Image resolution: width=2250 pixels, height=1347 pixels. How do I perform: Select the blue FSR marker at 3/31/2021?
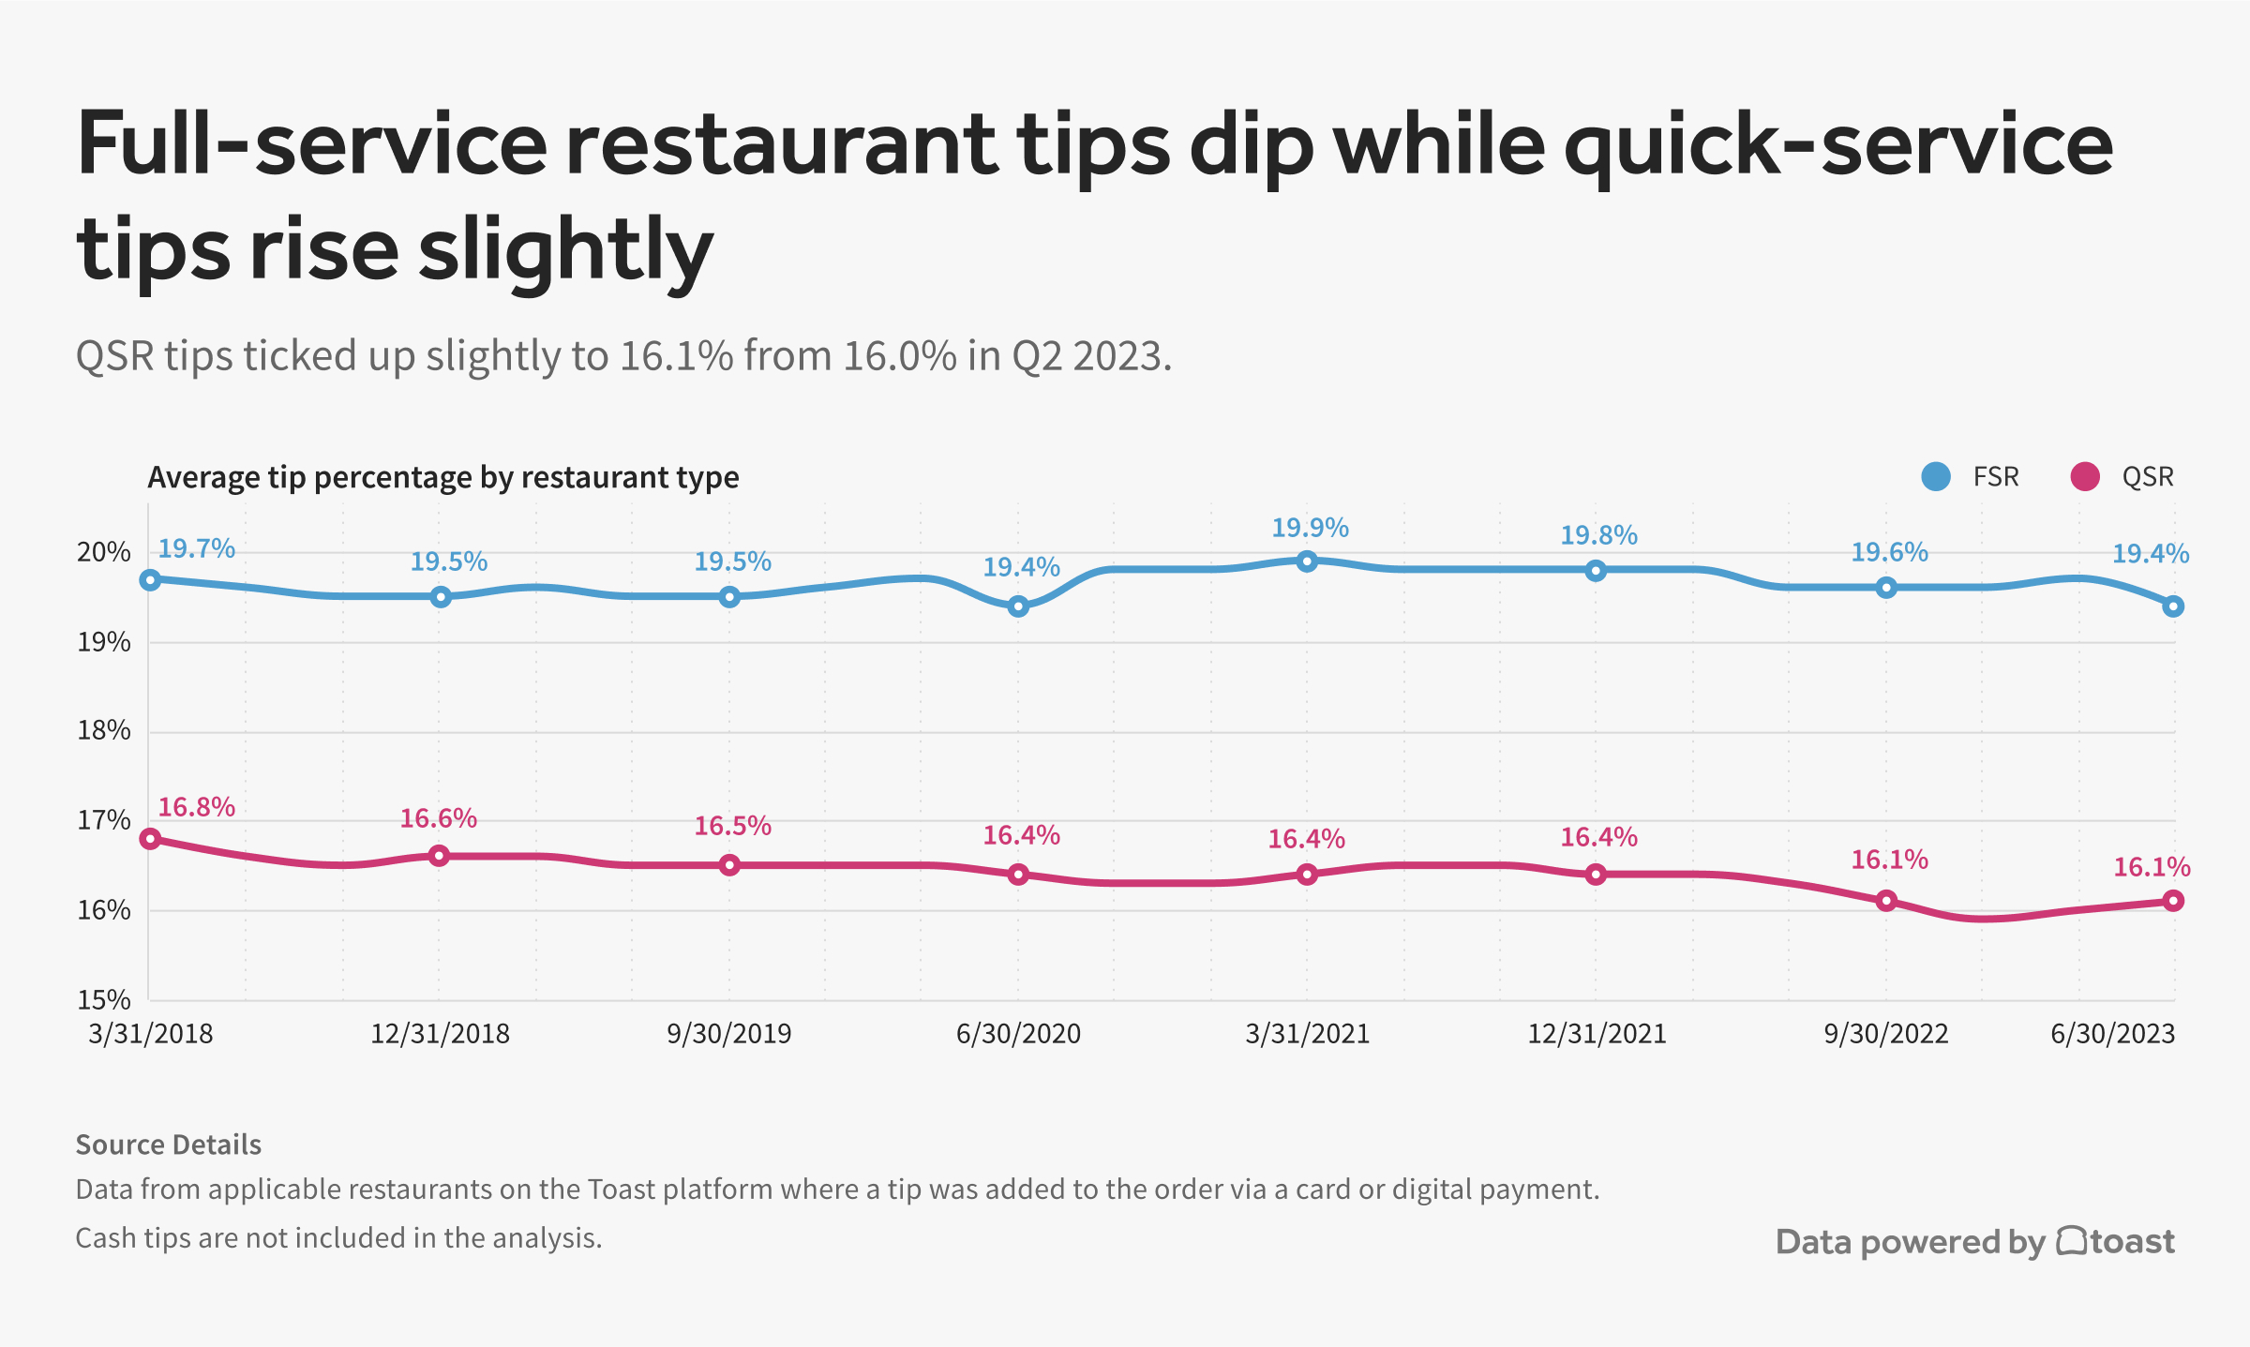[x=1307, y=561]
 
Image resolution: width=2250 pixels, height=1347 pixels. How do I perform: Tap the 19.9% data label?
[x=1310, y=528]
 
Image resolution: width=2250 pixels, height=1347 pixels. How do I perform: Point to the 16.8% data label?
[x=196, y=807]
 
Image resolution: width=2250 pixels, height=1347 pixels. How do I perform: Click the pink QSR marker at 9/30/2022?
[x=1886, y=901]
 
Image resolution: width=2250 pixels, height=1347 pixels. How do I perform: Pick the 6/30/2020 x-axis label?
[x=1018, y=1034]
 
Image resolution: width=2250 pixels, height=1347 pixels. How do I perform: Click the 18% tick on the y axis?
[x=103, y=730]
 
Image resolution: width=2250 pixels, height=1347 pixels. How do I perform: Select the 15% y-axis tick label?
[x=103, y=999]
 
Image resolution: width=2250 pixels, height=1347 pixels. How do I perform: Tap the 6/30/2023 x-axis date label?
[x=2112, y=1034]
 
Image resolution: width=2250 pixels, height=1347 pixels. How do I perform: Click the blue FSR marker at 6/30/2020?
[x=1018, y=606]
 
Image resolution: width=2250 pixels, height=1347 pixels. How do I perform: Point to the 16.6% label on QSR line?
[x=438, y=818]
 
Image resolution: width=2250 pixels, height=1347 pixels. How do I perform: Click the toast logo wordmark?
[x=2117, y=1241]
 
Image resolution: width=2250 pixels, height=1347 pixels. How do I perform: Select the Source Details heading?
[x=168, y=1145]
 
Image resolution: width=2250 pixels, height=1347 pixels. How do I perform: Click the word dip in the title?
[x=1251, y=145]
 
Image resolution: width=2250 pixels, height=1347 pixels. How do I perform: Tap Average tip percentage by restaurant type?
[x=442, y=477]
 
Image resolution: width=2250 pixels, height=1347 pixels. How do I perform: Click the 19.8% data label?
[x=1598, y=535]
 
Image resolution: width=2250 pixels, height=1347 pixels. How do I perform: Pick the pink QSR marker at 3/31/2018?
[x=150, y=839]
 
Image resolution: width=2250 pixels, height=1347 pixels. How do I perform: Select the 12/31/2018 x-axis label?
[x=440, y=1034]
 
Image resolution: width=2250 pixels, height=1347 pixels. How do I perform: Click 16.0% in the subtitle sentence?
[x=900, y=357]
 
